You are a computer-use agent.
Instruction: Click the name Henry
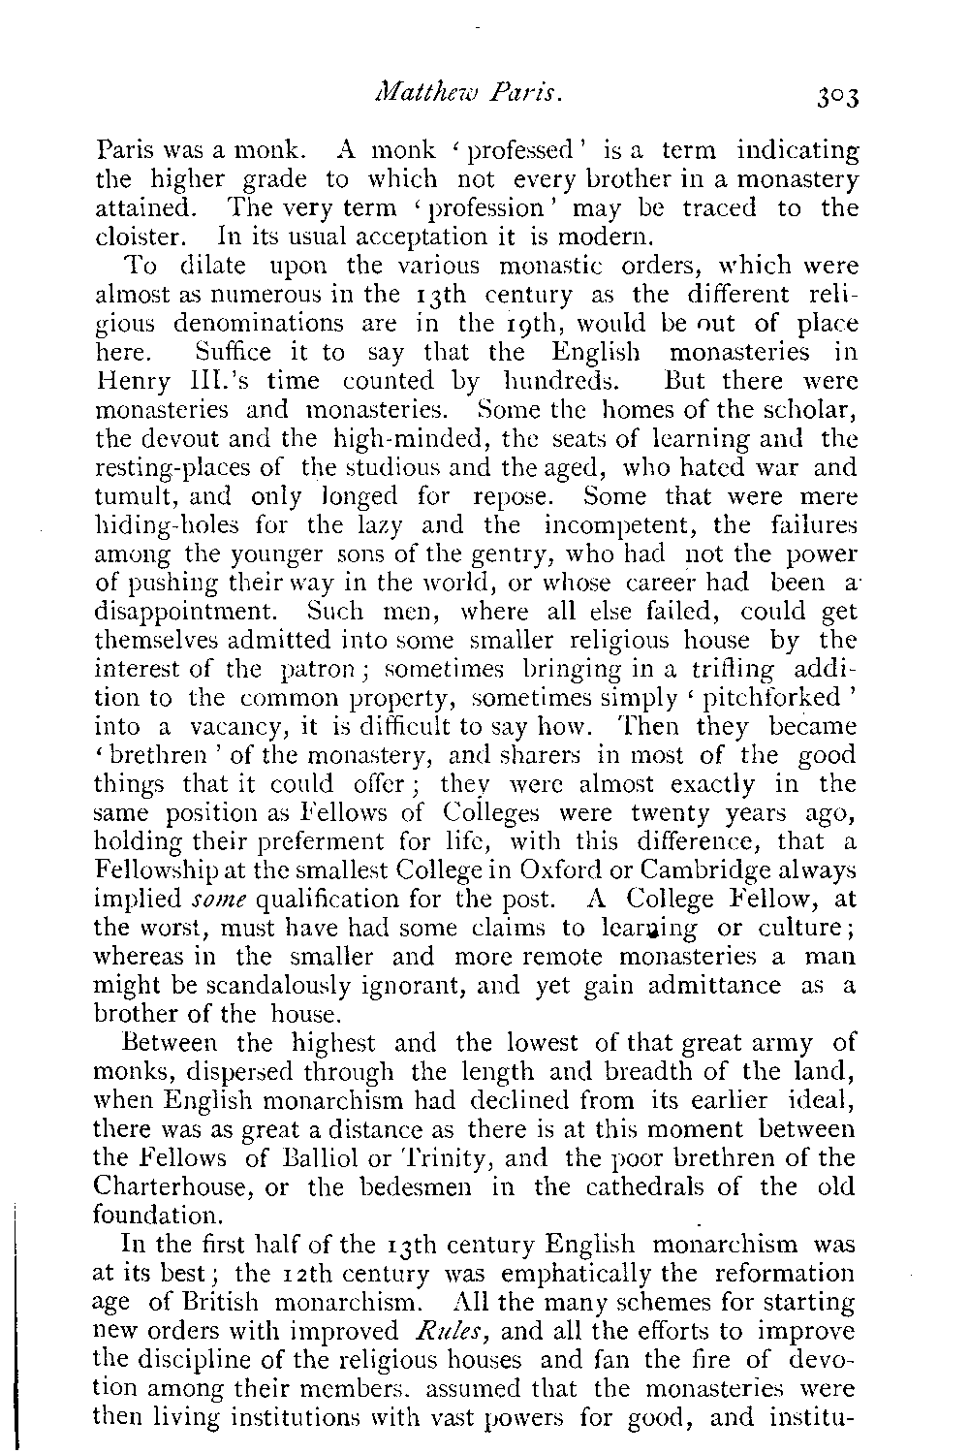click(130, 379)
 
